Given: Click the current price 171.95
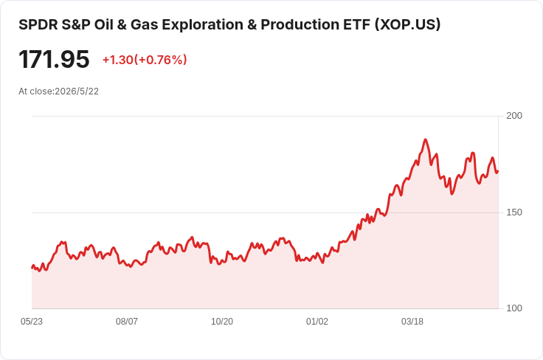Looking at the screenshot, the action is (x=54, y=60).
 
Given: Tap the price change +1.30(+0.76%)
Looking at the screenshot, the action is (x=145, y=60).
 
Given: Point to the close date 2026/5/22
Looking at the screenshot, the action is (x=77, y=91).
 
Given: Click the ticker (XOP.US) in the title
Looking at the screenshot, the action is (x=407, y=24).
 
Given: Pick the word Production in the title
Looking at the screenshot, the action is (x=300, y=24).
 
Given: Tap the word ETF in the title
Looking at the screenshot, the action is (x=356, y=24).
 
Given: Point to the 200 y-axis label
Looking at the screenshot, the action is (x=514, y=116).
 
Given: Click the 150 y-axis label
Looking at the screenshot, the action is (x=514, y=212).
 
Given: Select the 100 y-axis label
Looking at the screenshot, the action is (x=514, y=308).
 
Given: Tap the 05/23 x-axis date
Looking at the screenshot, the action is (x=32, y=322).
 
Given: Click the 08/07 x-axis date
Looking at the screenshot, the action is (x=127, y=322).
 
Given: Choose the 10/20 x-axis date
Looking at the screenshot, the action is (x=222, y=322).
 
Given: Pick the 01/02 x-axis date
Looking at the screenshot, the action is (x=317, y=322).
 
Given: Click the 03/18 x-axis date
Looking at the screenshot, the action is (x=412, y=322).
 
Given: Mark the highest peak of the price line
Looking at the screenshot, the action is (x=426, y=139).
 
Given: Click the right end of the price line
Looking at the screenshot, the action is (x=498, y=171).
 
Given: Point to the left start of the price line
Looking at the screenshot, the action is (x=32, y=268).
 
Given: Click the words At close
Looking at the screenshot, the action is (x=35, y=91).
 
